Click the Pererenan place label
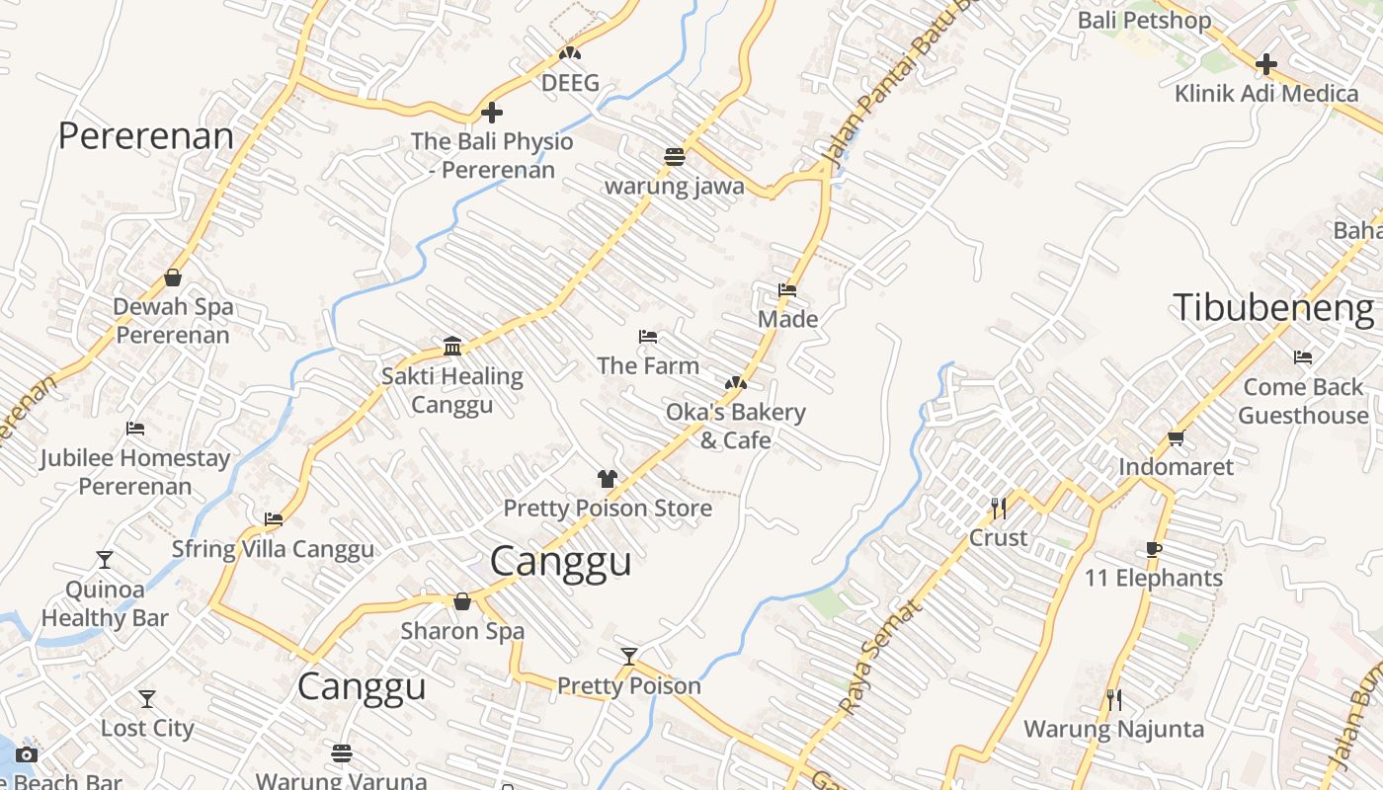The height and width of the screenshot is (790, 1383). [146, 135]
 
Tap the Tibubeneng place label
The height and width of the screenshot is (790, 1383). [1273, 308]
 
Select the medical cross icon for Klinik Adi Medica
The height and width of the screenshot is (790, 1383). [1265, 65]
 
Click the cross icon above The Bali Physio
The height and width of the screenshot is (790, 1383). [491, 113]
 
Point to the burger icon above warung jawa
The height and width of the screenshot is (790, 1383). [675, 156]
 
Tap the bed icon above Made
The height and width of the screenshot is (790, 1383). [787, 290]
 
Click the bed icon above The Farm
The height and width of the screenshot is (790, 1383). [648, 337]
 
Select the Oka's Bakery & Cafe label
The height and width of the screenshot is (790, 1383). [736, 426]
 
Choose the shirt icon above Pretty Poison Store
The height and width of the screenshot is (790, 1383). [608, 479]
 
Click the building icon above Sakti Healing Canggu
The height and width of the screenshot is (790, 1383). [452, 346]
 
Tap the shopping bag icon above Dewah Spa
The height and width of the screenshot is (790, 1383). [173, 277]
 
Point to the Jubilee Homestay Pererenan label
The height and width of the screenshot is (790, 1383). [135, 472]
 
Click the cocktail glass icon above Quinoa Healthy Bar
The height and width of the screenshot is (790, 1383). [105, 560]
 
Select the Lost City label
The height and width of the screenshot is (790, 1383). [147, 728]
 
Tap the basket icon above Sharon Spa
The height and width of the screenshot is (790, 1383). [462, 601]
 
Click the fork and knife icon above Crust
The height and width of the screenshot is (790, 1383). [999, 509]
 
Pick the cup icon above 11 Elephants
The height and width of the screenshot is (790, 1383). [1153, 549]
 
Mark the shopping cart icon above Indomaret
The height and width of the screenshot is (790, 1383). [1176, 437]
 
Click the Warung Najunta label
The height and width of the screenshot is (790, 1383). [1113, 729]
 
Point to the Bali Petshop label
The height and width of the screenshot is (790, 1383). [1144, 20]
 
